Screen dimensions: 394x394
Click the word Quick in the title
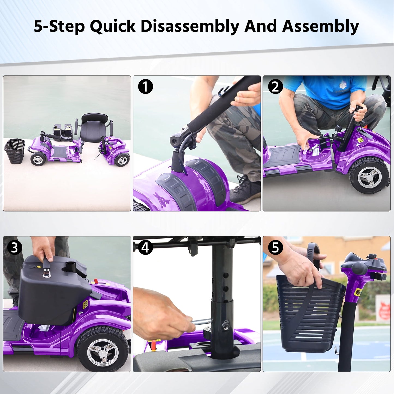(113, 26)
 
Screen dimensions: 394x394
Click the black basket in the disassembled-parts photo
(14, 151)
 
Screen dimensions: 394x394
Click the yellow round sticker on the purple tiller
(358, 293)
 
